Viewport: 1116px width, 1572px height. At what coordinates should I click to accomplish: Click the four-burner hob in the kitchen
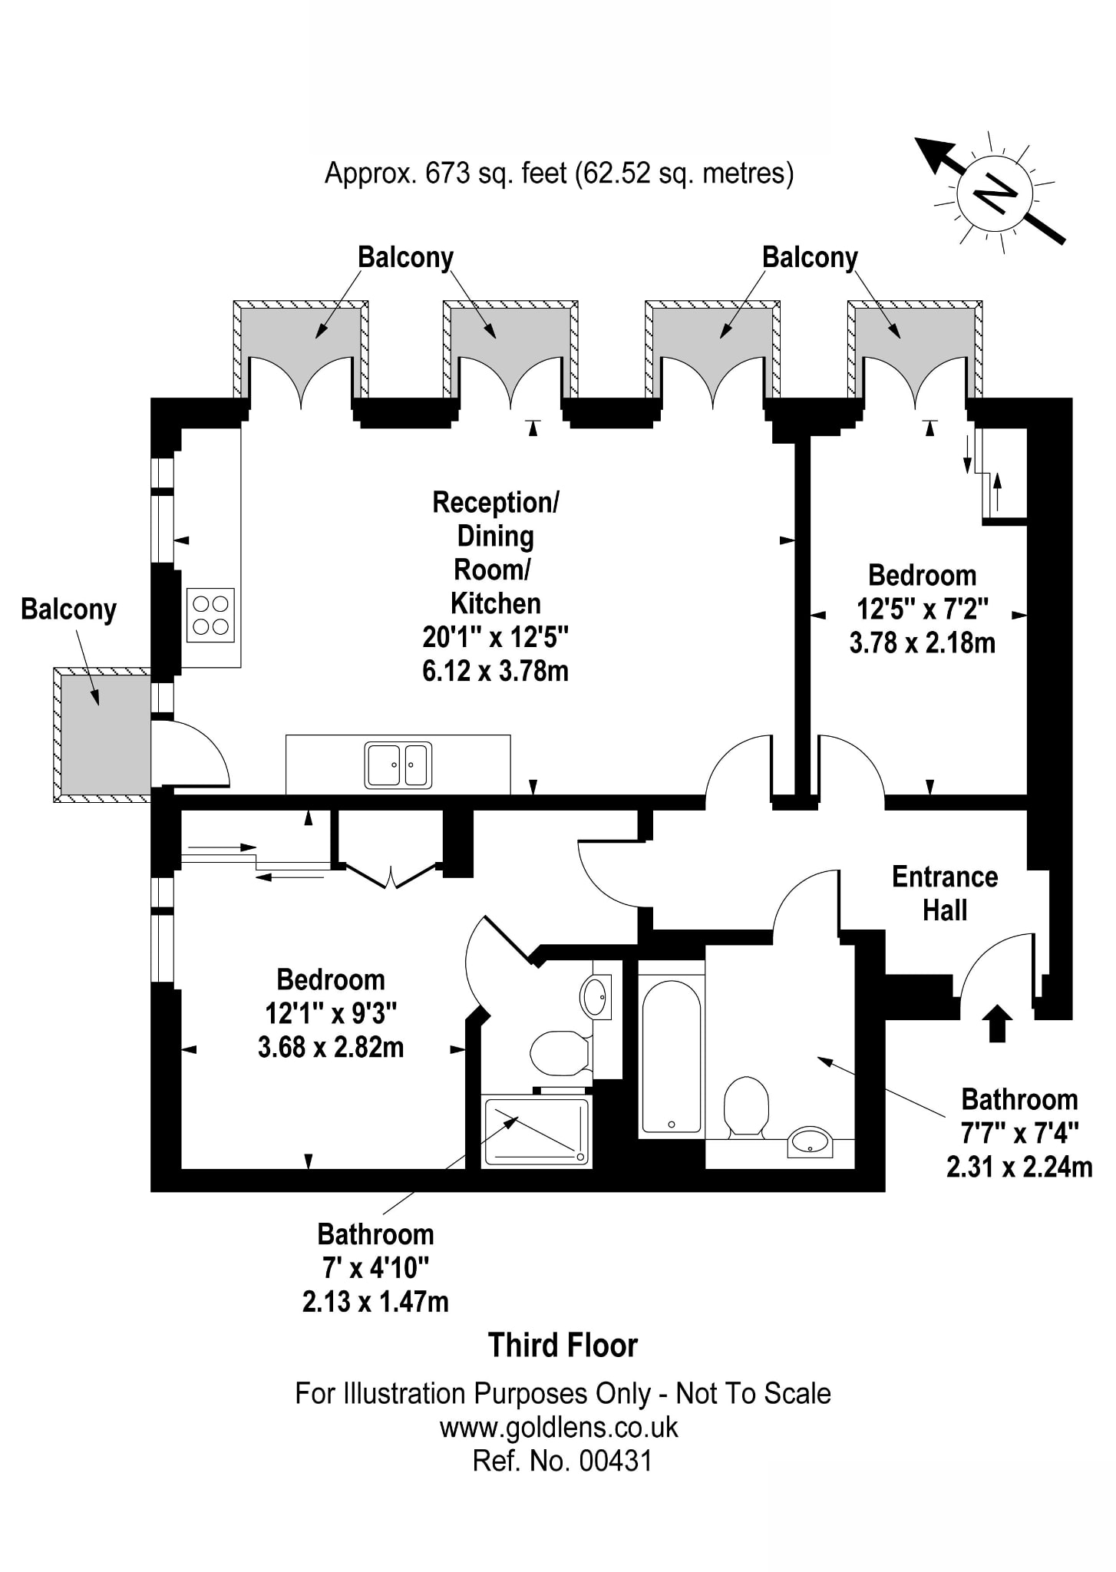pyautogui.click(x=210, y=616)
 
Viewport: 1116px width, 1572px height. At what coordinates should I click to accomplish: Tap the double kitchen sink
pyautogui.click(x=398, y=765)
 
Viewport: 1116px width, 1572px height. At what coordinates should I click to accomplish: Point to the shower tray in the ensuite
pyautogui.click(x=537, y=1133)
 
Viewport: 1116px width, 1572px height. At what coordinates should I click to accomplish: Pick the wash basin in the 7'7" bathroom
pyautogui.click(x=810, y=1141)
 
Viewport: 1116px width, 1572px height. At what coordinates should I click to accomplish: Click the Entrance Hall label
pyautogui.click(x=944, y=893)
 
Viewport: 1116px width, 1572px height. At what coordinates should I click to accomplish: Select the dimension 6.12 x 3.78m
pyautogui.click(x=495, y=671)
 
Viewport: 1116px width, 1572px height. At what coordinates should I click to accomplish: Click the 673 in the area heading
pyautogui.click(x=447, y=173)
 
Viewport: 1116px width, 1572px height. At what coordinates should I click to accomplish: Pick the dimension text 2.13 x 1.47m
pyautogui.click(x=375, y=1302)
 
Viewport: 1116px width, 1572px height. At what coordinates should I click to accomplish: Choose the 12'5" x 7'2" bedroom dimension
pyautogui.click(x=922, y=609)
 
